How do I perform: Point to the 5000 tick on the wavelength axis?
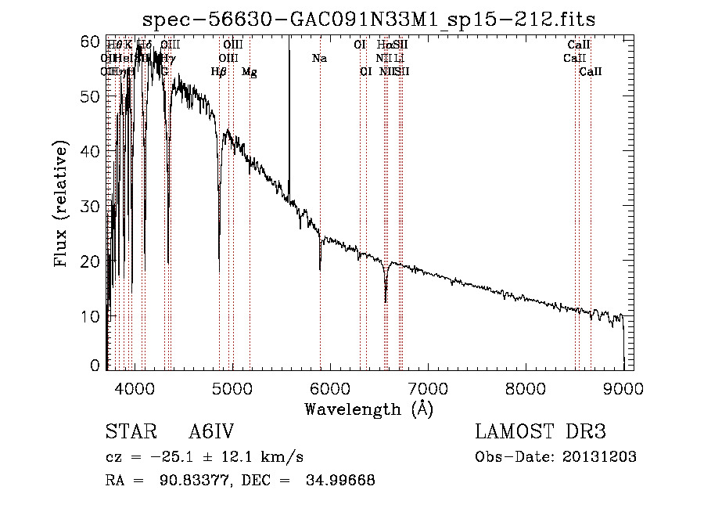232,386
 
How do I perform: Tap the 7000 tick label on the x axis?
427,386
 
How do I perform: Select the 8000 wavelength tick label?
525,386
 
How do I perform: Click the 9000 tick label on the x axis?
623,386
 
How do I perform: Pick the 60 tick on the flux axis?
92,41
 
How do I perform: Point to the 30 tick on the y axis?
92,206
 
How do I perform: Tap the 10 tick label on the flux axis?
92,316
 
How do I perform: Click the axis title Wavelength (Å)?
368,409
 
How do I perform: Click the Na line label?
319,59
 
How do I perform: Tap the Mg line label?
249,72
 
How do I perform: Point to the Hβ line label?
219,72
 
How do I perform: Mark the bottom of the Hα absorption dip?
386,301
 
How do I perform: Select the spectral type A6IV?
211,433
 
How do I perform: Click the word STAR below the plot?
130,433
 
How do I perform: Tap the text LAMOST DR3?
540,433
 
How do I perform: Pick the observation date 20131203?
598,457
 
